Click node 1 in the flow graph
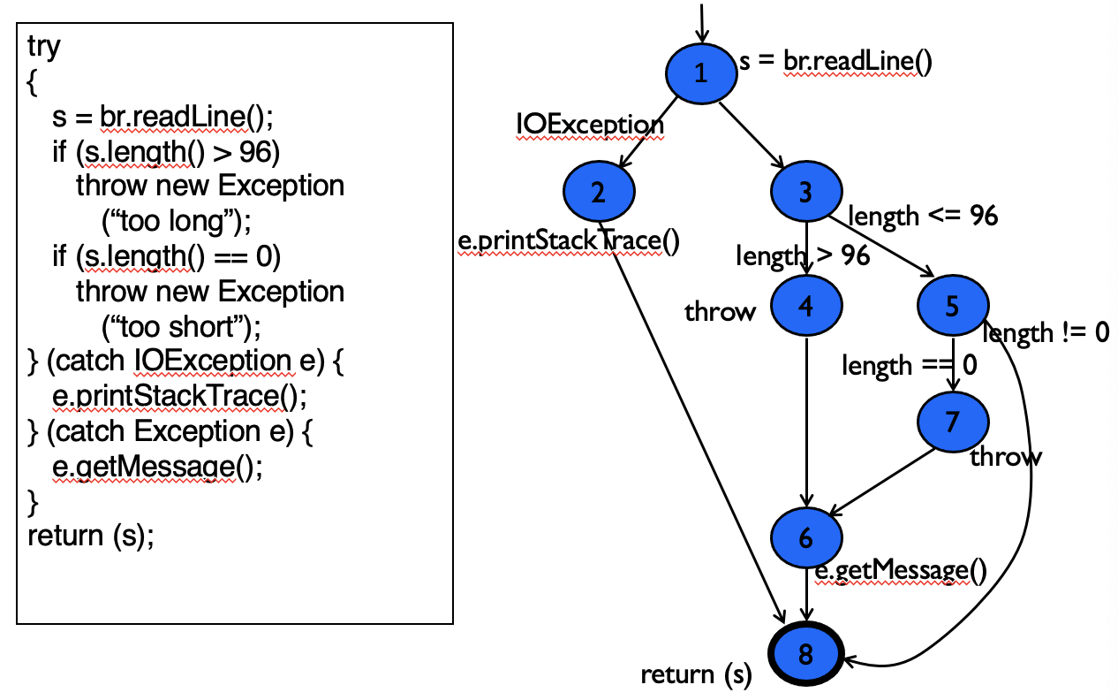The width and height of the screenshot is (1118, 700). [x=701, y=73]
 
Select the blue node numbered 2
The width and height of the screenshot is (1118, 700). [x=599, y=193]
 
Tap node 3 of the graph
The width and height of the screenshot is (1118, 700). [x=805, y=193]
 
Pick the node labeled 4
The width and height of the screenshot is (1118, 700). [x=805, y=306]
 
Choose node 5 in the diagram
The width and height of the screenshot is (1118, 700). [x=952, y=306]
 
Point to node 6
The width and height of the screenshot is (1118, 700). [x=805, y=536]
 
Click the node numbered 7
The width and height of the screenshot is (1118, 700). [x=952, y=422]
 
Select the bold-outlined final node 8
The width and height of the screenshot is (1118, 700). [x=805, y=655]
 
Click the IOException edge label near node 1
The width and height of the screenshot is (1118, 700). [x=590, y=126]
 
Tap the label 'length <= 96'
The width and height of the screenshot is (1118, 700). [x=922, y=215]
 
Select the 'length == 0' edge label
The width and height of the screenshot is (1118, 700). [x=909, y=364]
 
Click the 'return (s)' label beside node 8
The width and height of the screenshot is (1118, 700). [x=696, y=675]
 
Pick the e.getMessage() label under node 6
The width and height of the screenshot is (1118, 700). [x=899, y=572]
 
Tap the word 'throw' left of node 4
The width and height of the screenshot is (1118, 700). [x=721, y=311]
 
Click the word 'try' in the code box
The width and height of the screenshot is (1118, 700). [x=44, y=46]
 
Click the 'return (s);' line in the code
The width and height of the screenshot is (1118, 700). [x=91, y=536]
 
